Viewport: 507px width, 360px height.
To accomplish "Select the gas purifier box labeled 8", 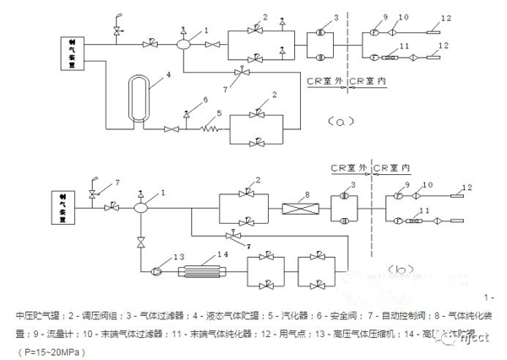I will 300,206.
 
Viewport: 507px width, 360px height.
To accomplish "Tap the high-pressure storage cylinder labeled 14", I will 206,271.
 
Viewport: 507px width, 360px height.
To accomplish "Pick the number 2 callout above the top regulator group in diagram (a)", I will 264,17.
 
